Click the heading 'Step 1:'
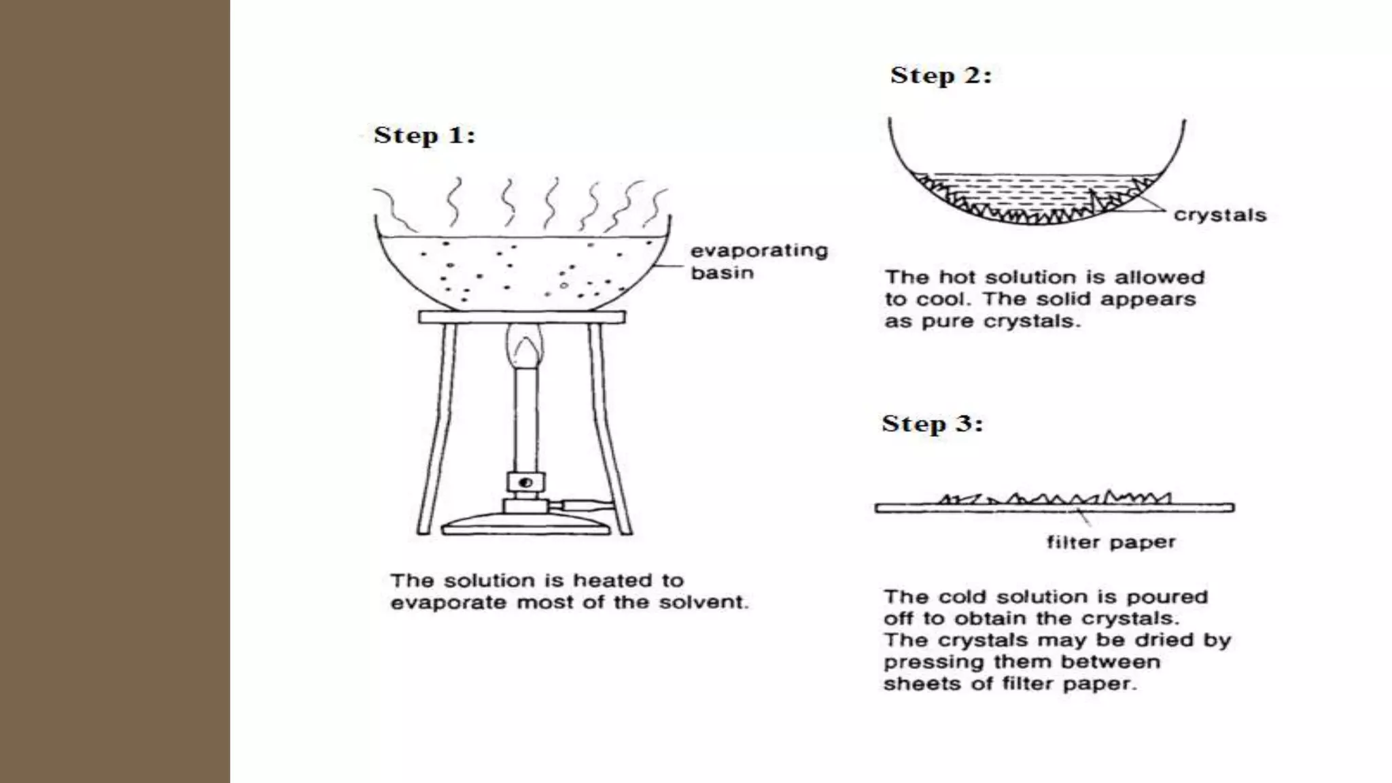click(x=424, y=135)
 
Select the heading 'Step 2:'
click(x=941, y=75)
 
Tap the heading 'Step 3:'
click(x=932, y=424)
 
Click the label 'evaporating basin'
click(x=759, y=262)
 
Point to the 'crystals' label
click(x=1220, y=215)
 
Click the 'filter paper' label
click(x=1111, y=542)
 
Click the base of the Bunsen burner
click(x=524, y=525)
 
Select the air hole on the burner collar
click(x=525, y=483)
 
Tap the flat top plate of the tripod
click(x=521, y=317)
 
